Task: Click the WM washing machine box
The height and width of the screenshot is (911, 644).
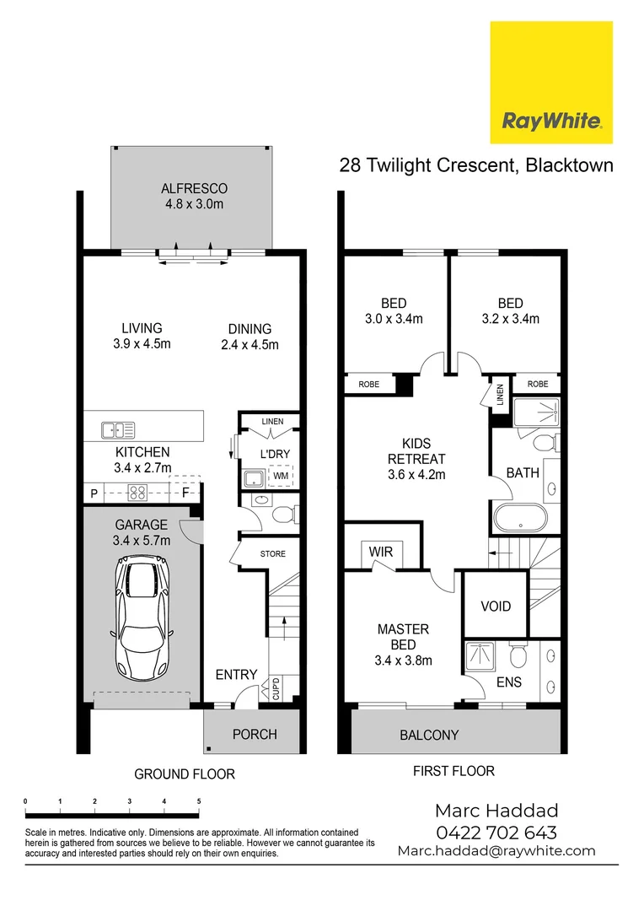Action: tap(279, 477)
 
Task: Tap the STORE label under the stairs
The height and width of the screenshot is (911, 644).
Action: tap(272, 554)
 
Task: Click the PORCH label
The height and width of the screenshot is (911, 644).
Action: tap(254, 734)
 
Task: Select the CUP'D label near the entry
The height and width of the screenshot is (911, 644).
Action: tap(276, 690)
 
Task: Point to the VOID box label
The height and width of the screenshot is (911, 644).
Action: tap(495, 606)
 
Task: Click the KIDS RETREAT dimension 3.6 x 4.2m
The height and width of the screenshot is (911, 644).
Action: tap(416, 474)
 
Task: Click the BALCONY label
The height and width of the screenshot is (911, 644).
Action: tap(429, 735)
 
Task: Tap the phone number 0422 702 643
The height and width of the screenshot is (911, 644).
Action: tap(496, 832)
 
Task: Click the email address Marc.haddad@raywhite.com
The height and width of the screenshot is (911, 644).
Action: tap(496, 851)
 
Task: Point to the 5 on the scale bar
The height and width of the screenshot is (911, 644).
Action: tap(198, 801)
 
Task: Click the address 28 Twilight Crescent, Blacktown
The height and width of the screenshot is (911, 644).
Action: tap(476, 164)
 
